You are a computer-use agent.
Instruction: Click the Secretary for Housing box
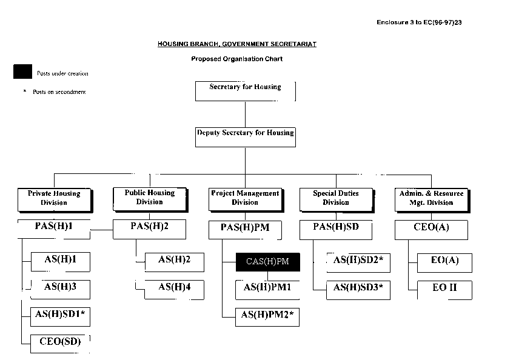click(245, 90)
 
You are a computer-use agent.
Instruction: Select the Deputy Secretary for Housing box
click(245, 136)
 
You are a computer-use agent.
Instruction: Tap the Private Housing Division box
click(54, 198)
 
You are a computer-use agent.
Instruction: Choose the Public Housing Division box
click(149, 198)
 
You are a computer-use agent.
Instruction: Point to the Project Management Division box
click(245, 198)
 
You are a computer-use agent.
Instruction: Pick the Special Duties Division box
click(335, 198)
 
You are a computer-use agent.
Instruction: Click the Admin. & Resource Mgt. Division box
click(431, 198)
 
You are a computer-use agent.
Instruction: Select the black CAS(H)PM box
click(267, 262)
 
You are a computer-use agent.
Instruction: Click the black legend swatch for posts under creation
click(22, 72)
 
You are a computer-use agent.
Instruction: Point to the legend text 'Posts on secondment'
click(59, 92)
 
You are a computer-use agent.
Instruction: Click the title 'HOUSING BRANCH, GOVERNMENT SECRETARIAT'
click(237, 44)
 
